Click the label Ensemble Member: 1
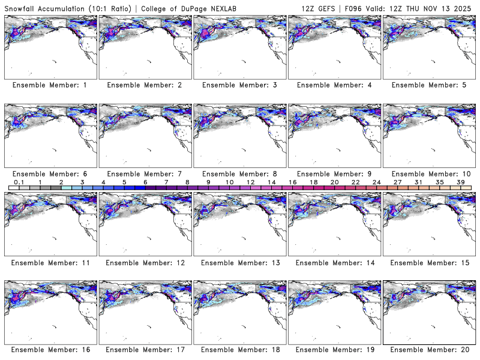pyautogui.click(x=49, y=85)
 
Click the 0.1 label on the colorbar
pyautogui.click(x=19, y=182)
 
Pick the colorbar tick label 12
pyautogui.click(x=251, y=182)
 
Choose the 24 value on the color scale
pyautogui.click(x=376, y=182)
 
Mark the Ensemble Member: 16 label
pyautogui.click(x=49, y=349)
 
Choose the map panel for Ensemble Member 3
pyautogui.click(x=239, y=47)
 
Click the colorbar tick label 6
pyautogui.click(x=145, y=182)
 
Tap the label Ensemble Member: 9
pyautogui.click(x=334, y=173)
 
